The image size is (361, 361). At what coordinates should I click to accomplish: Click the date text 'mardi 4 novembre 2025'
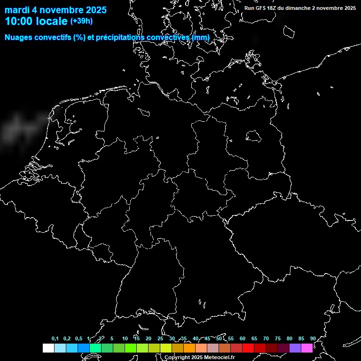click(55, 10)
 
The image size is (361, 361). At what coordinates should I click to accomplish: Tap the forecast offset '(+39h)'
click(81, 21)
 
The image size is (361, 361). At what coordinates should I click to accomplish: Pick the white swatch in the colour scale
click(48, 348)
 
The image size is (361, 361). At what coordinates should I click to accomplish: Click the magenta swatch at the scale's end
click(307, 348)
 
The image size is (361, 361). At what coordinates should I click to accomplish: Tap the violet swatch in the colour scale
click(295, 348)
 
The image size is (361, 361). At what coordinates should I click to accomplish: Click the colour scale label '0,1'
click(55, 338)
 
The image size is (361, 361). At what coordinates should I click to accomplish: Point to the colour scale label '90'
click(313, 338)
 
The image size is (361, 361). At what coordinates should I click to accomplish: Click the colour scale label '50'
click(219, 338)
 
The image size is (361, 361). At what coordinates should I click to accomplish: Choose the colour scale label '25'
click(160, 338)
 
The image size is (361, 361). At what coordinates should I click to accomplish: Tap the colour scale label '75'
click(278, 338)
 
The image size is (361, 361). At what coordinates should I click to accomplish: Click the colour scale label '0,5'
click(78, 338)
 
